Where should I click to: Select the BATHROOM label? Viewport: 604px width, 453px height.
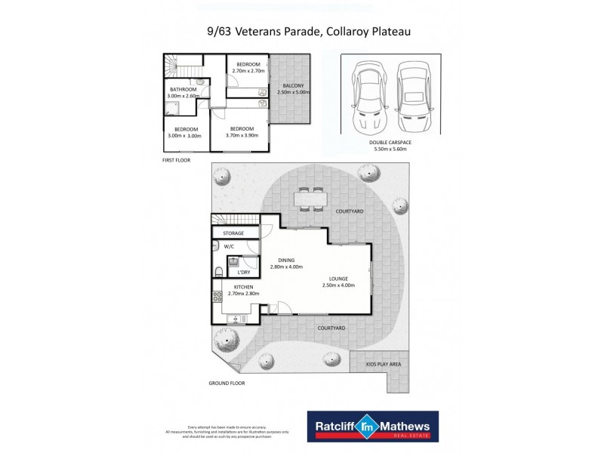(181, 89)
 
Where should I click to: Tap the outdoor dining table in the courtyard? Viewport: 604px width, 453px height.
(311, 199)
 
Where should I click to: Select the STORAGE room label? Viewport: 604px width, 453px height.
(233, 233)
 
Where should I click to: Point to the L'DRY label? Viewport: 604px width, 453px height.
(243, 273)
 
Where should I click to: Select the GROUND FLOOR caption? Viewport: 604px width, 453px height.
(226, 383)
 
